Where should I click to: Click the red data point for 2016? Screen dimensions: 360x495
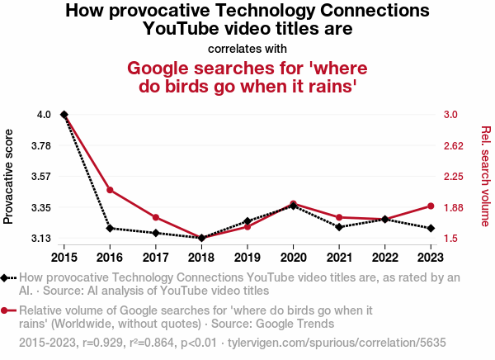point(110,190)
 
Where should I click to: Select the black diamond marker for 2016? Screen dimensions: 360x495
point(110,228)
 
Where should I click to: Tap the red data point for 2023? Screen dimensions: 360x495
point(431,206)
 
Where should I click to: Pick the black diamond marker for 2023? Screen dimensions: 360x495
point(431,228)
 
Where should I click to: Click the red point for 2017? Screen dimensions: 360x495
point(156,217)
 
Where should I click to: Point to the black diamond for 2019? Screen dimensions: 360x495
point(247,221)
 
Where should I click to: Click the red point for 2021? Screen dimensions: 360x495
point(339,217)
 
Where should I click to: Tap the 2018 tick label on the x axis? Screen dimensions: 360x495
point(201,258)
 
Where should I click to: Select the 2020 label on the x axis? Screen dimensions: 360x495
point(293,258)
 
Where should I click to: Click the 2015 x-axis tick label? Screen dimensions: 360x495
point(64,258)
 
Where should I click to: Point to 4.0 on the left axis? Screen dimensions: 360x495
point(44,114)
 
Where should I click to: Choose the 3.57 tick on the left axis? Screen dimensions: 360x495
point(41,176)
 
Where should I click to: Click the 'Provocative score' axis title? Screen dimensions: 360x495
point(9,176)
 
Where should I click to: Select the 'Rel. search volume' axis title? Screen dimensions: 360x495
point(485,176)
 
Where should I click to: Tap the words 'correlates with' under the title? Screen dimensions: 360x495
point(247,48)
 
